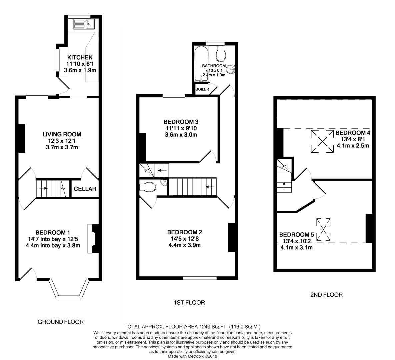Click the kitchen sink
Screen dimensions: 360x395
pos(83,24)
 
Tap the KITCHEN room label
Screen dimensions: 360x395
pos(80,58)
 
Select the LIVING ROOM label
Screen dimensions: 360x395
pos(62,134)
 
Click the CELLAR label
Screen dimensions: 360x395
pos(85,189)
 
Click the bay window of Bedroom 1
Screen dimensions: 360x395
pos(69,290)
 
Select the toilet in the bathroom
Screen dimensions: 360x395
pos(221,53)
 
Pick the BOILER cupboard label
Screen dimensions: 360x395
pos(202,89)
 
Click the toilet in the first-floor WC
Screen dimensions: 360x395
pos(149,187)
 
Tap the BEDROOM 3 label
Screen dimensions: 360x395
pos(181,122)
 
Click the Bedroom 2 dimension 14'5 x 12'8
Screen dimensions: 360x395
pos(184,239)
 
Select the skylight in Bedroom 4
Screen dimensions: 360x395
pos(322,141)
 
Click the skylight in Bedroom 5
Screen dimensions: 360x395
pos(323,229)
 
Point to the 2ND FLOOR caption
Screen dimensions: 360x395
pos(326,295)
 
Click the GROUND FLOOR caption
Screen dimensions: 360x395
pos(60,322)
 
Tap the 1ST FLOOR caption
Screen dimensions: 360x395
pos(189,303)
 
